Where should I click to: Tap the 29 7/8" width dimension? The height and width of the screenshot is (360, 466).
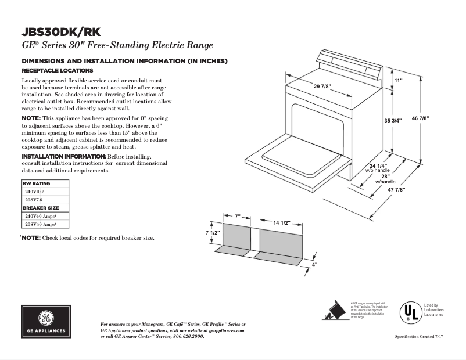[322, 86]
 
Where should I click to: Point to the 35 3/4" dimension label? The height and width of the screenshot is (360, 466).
[394, 121]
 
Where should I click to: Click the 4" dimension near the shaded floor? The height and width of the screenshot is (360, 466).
[315, 265]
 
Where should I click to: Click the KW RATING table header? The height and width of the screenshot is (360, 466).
[37, 183]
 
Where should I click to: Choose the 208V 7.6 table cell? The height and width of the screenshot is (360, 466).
[34, 200]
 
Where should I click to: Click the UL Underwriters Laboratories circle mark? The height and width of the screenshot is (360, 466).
[409, 312]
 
